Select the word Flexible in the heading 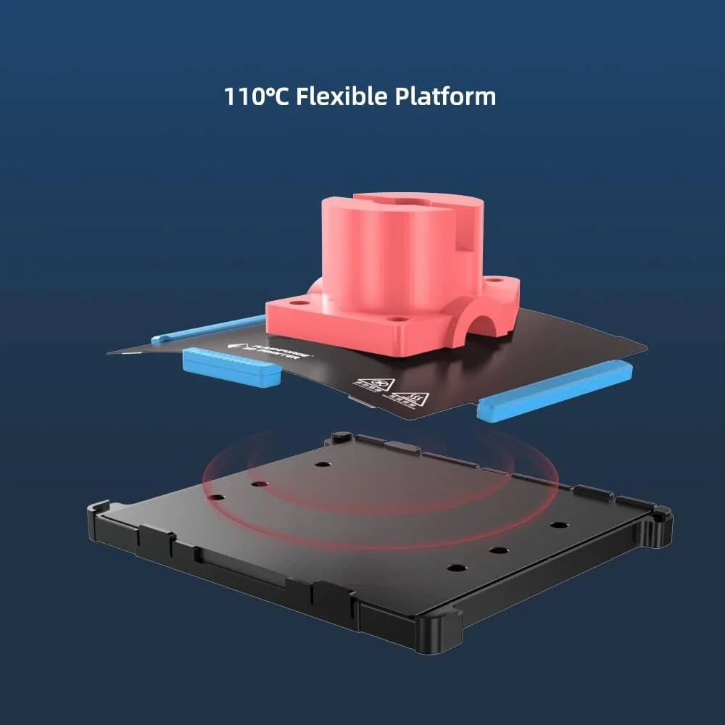340,96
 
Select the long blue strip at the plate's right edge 555,390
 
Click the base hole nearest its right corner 557,524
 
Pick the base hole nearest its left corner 215,497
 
